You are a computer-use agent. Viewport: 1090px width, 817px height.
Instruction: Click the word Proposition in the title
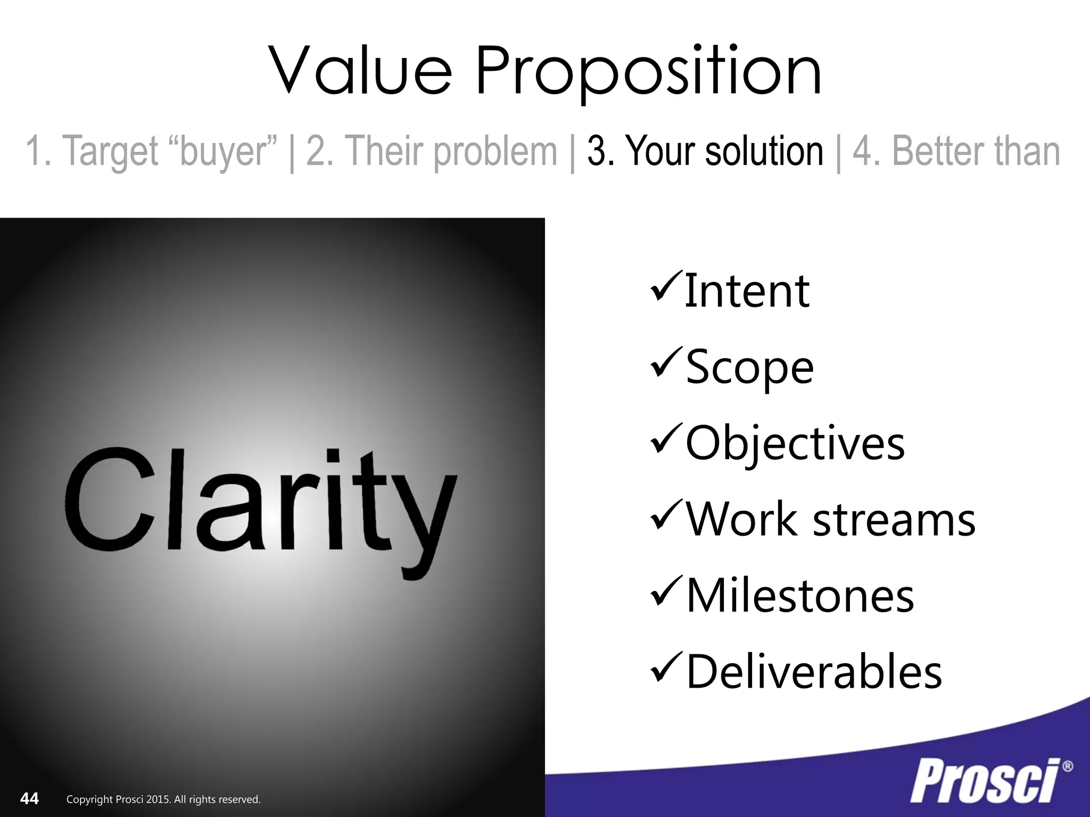648,71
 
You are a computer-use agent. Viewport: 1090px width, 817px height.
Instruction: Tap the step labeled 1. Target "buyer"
151,151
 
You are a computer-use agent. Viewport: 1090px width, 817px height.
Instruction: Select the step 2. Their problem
432,151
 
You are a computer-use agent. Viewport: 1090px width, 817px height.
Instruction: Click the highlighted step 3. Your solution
705,151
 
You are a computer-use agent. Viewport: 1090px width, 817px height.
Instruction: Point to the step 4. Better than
956,151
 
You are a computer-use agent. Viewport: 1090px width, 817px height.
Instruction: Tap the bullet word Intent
747,291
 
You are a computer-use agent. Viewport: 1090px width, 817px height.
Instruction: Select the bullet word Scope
749,367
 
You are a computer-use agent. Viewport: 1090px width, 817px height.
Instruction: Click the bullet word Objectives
795,443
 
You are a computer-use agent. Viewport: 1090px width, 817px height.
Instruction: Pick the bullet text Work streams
830,519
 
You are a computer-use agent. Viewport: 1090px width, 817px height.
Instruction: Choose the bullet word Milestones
800,596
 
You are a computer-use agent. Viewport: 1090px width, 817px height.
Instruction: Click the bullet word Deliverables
814,672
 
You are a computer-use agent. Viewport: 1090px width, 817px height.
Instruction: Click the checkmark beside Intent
665,288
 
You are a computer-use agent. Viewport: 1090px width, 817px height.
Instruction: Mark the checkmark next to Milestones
665,592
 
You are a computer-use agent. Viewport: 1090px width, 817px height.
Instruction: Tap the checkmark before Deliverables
665,669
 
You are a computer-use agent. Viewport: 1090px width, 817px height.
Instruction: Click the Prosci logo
984,782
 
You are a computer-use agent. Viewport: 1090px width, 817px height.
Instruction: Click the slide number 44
29,798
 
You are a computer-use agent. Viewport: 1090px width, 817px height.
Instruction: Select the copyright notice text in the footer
163,799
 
